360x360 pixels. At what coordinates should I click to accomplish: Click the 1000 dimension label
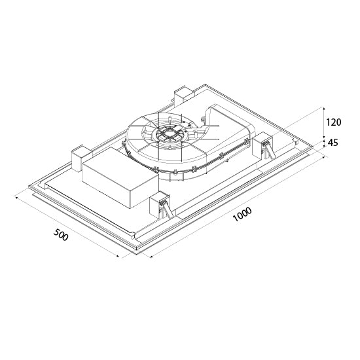click(x=242, y=214)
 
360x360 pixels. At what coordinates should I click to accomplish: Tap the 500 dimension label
click(x=61, y=234)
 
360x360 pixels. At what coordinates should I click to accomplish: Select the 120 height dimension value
click(x=334, y=122)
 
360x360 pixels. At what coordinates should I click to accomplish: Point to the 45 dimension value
click(x=333, y=143)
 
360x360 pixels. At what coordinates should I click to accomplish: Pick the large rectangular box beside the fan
click(x=120, y=177)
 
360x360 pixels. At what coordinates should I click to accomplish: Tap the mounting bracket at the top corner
click(x=185, y=94)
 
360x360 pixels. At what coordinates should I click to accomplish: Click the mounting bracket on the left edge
click(x=77, y=158)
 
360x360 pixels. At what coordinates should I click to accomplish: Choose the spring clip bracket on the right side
click(x=263, y=146)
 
